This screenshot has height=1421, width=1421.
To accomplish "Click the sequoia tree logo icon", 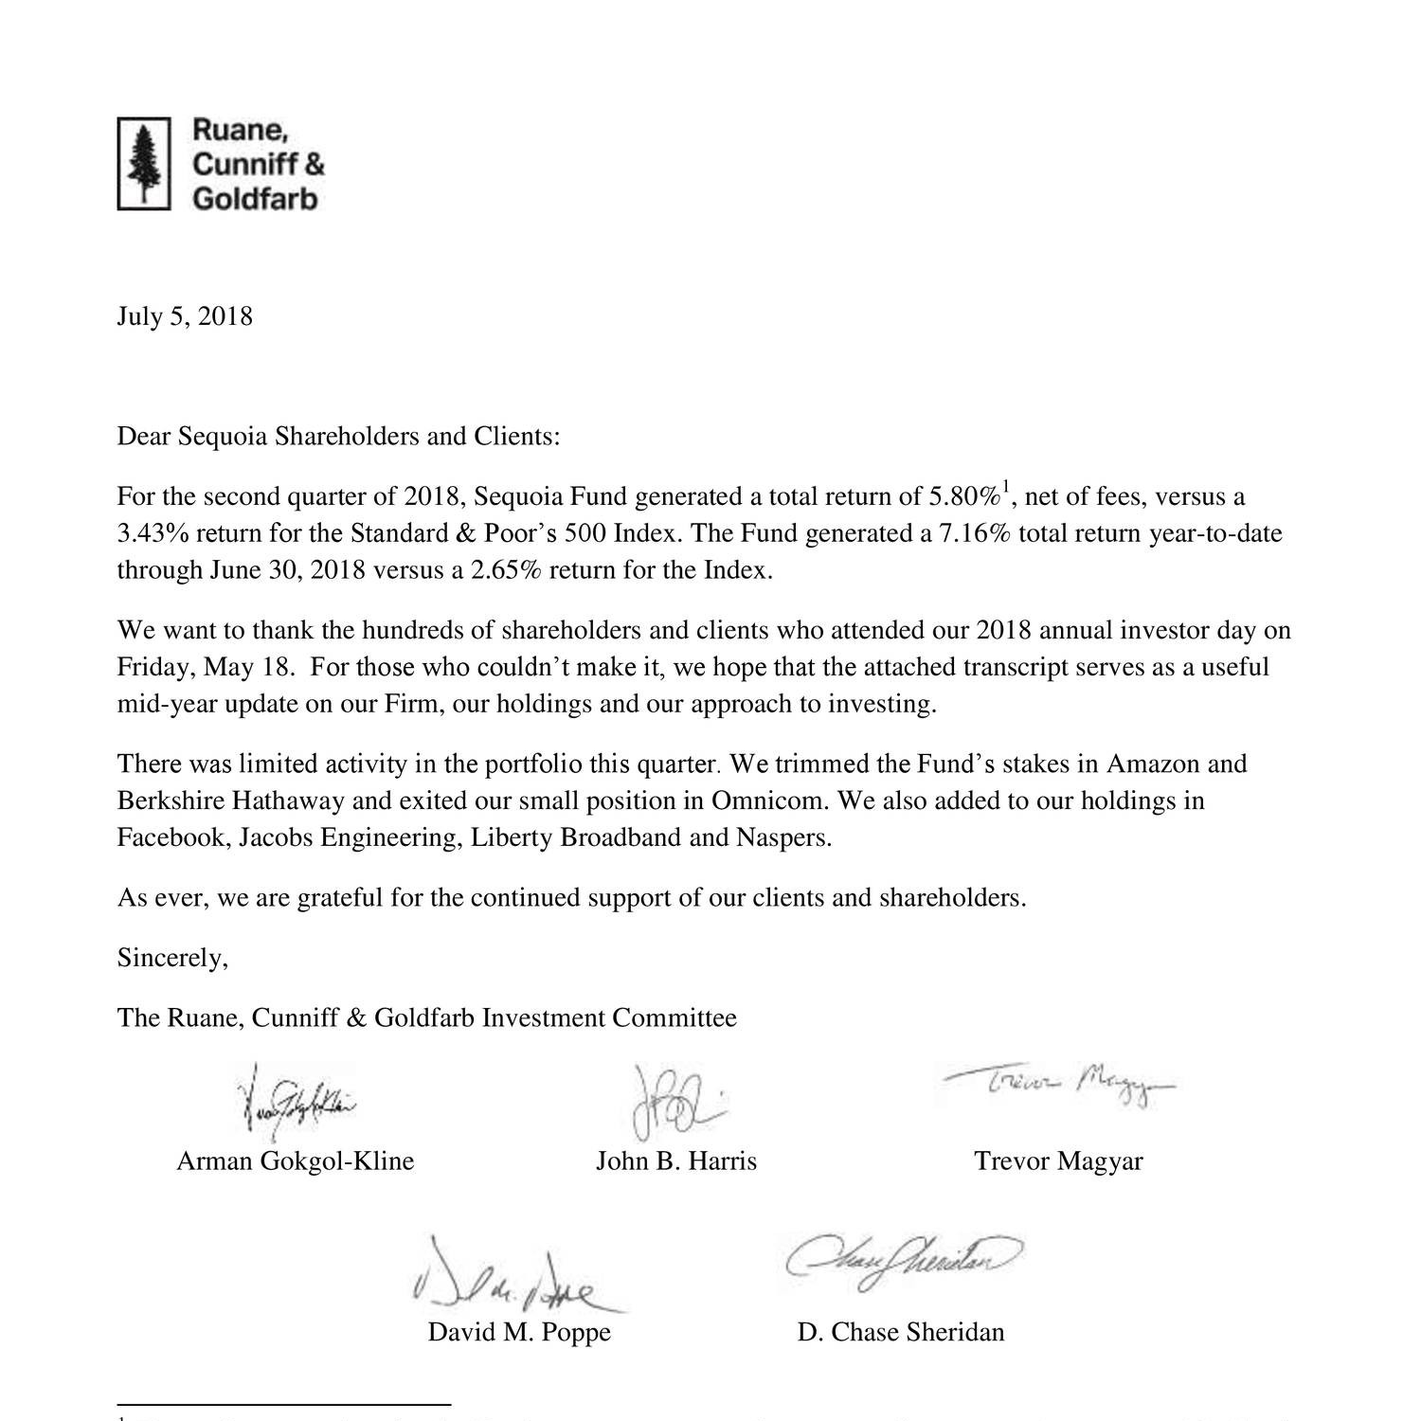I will [x=143, y=163].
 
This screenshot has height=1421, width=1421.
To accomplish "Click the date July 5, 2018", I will [x=185, y=316].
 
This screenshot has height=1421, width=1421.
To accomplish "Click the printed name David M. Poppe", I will [x=519, y=1332].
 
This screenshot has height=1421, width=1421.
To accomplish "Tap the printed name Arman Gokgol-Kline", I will [x=296, y=1161].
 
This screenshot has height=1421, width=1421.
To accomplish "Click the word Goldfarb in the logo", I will [x=256, y=199].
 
